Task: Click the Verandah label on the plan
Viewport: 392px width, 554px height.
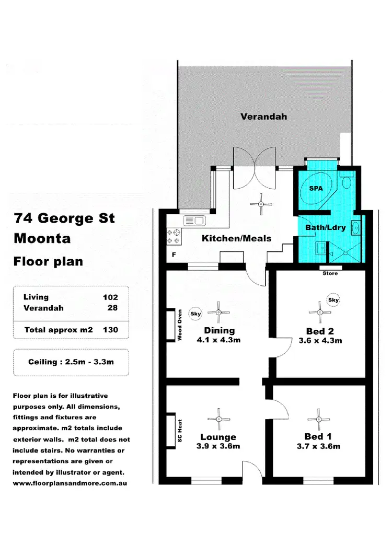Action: tap(263, 117)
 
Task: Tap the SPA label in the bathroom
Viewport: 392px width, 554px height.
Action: tap(316, 189)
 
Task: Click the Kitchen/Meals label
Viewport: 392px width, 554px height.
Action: tap(237, 238)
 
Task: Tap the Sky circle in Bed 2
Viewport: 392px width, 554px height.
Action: tap(333, 301)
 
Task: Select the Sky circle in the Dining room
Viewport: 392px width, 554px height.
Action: tap(195, 313)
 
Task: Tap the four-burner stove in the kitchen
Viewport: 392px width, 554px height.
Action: tap(174, 236)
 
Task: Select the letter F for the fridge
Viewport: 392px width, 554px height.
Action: tap(174, 256)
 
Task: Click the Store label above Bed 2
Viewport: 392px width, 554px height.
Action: tap(330, 273)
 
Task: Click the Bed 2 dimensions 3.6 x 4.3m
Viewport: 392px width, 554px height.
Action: tap(320, 341)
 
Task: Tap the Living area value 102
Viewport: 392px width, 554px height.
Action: tap(110, 297)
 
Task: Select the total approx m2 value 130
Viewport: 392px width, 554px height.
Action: tap(110, 330)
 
